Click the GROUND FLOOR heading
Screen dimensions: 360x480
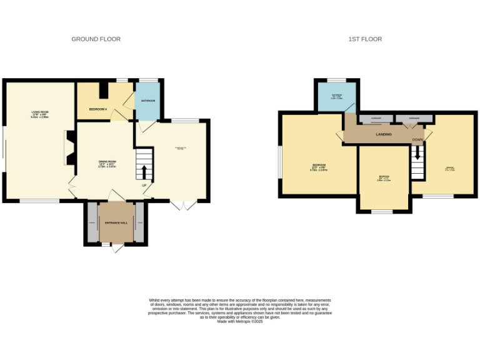96,39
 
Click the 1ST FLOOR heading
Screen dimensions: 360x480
365,39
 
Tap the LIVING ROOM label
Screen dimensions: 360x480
40,114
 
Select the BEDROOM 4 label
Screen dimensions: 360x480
98,109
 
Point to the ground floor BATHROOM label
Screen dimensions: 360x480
148,101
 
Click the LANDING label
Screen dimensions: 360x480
384,134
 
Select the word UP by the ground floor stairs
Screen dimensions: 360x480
144,186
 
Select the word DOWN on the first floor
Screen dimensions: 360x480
417,140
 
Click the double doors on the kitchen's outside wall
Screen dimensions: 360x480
183,205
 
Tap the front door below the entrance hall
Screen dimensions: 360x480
117,248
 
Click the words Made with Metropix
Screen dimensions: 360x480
240,321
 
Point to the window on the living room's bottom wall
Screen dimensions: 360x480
39,201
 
